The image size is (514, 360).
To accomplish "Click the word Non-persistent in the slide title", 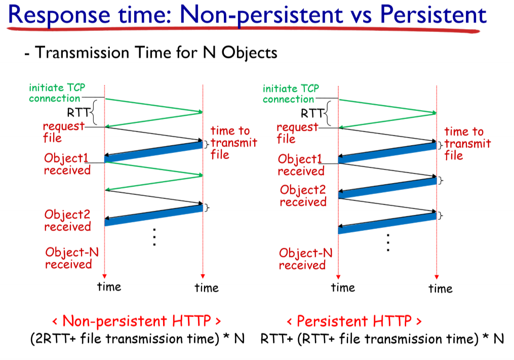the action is (x=261, y=15).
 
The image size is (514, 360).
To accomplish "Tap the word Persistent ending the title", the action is (x=433, y=14).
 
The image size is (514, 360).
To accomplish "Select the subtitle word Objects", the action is (x=250, y=53).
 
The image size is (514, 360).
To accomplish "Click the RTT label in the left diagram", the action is (x=78, y=113).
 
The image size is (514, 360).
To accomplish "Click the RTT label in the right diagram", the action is (x=312, y=113).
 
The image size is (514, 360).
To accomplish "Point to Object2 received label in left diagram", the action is (x=67, y=220).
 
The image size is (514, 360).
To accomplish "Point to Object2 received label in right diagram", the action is (x=303, y=196).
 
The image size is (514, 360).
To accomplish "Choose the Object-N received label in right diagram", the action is (x=305, y=259).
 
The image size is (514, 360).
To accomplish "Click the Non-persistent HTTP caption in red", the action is (x=136, y=321).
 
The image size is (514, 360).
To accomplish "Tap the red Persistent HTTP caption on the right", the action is (x=354, y=321).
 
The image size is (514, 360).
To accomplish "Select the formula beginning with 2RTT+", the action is (x=137, y=339).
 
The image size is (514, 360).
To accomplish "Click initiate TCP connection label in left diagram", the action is (x=57, y=93).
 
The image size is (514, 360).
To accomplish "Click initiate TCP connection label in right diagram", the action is (x=291, y=94).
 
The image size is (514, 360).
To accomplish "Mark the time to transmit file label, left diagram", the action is (x=234, y=143).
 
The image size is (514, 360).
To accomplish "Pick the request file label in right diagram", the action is (x=297, y=133).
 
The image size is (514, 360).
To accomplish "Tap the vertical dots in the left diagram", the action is (x=154, y=237).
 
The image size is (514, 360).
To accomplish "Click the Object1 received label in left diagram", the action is (x=67, y=164).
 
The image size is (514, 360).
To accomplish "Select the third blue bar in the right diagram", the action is (x=387, y=223).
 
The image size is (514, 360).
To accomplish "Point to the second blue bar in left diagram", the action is (x=154, y=215).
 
